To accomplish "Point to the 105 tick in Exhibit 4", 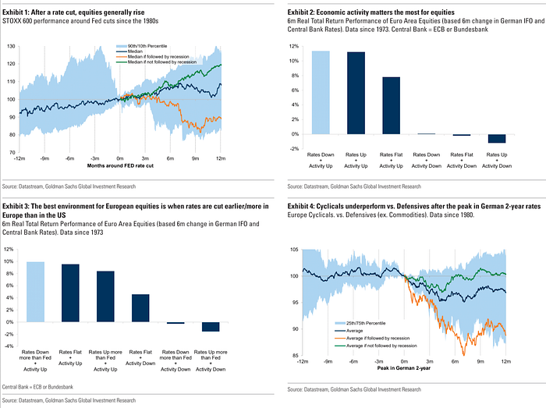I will tap(295, 250).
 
